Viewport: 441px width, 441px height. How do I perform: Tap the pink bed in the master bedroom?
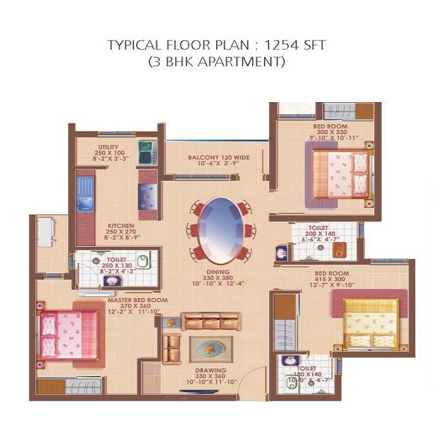70,335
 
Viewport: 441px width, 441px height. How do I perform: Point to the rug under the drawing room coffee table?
210,348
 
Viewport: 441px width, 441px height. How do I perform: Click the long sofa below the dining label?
212,321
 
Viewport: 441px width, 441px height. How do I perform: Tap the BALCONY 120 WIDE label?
216,157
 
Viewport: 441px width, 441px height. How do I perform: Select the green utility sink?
147,151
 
